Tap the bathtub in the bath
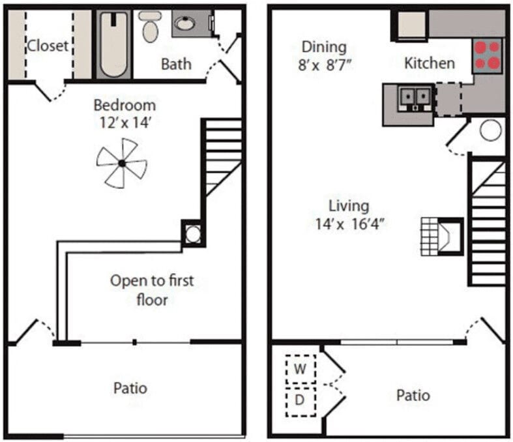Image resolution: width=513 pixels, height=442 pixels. pos(115,44)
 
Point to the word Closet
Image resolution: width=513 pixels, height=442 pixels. pos(48,46)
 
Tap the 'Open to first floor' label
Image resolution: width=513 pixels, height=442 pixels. pos(152,290)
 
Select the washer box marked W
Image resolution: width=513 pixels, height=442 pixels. pos(300,369)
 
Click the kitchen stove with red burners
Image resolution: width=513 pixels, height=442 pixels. pos(487,55)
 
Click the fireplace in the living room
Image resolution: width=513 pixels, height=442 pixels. pos(447,235)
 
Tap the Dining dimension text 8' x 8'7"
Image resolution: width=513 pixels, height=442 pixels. pos(323,65)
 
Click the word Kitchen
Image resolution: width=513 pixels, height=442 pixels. pos(430,63)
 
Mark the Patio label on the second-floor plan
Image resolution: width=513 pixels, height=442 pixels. pos(130,389)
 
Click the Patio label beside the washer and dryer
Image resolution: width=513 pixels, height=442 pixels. pos(413,396)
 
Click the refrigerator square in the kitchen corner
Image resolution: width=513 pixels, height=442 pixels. pos(411,26)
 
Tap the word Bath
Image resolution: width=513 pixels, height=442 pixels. pos(176,64)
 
